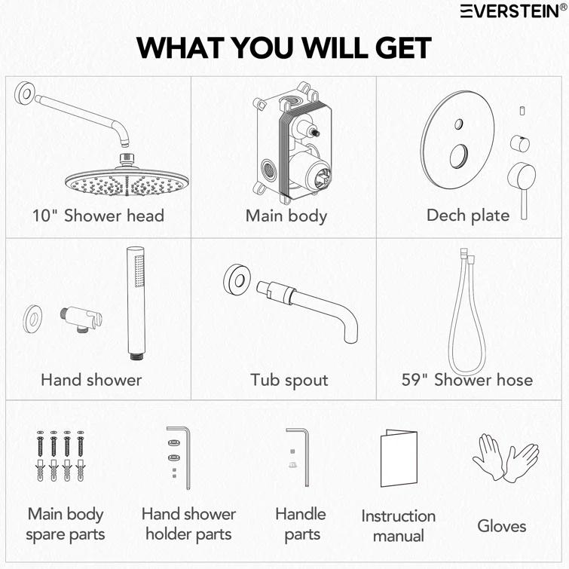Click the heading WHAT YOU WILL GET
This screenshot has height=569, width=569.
[x=284, y=47]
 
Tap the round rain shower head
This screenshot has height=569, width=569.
[x=127, y=176]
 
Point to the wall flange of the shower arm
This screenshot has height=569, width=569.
[x=24, y=93]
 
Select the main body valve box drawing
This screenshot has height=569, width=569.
[x=294, y=142]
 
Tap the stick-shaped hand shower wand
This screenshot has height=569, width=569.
[x=136, y=304]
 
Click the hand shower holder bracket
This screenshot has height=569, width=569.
[x=81, y=318]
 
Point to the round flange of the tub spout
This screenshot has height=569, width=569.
[x=237, y=280]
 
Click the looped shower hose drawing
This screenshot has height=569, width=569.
[x=467, y=312]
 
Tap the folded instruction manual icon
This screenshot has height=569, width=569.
[x=399, y=458]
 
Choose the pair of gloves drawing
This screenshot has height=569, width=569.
[x=506, y=458]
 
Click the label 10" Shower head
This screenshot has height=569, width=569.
[x=98, y=216]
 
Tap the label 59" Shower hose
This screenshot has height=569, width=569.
[x=467, y=380]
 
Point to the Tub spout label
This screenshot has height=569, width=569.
[x=289, y=381]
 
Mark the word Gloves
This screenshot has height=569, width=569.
[x=502, y=526]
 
